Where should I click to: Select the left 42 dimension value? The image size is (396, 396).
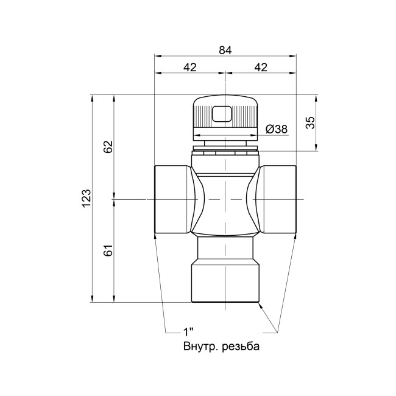click(189, 67)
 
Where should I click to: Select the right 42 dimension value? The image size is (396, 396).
click(261, 67)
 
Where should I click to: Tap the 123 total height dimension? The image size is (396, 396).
click(87, 198)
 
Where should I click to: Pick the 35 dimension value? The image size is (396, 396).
click(311, 122)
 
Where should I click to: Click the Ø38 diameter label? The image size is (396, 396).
click(277, 129)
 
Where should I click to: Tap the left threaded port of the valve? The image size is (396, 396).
click(172, 199)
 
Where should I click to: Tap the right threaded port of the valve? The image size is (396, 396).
click(279, 199)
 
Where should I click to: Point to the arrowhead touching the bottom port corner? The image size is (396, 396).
click(262, 306)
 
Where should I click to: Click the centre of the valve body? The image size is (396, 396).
click(225, 199)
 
